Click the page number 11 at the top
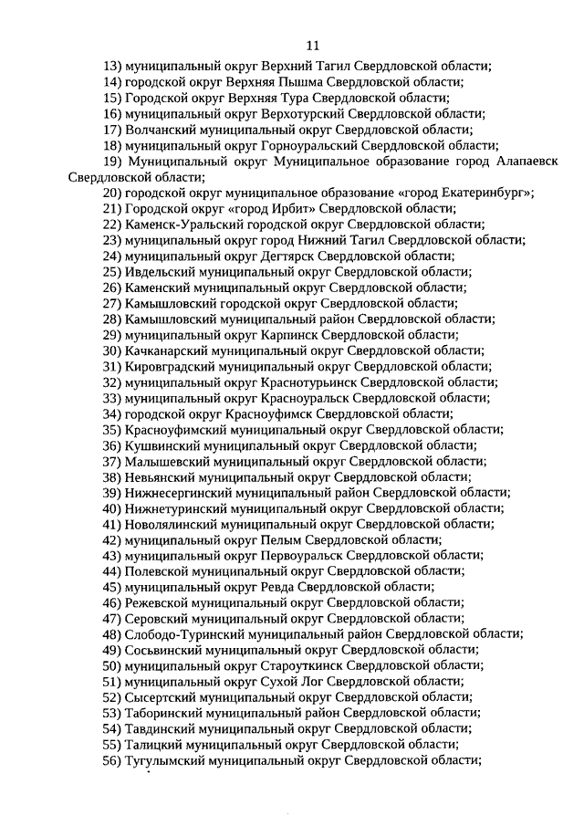click(x=312, y=45)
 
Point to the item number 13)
click(x=112, y=65)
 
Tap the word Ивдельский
click(x=158, y=272)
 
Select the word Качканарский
click(x=165, y=350)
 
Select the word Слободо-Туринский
click(x=179, y=633)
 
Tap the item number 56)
click(x=112, y=760)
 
